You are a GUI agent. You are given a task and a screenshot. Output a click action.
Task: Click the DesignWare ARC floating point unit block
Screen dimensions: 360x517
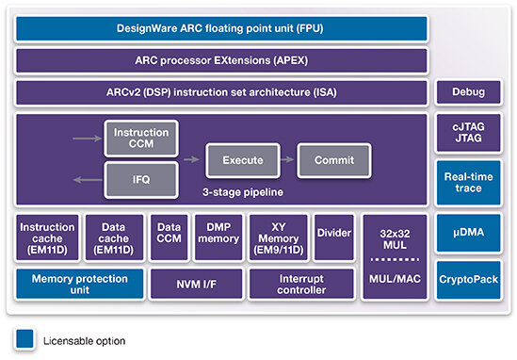point(222,29)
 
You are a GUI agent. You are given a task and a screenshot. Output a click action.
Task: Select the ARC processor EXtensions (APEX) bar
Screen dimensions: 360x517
point(222,61)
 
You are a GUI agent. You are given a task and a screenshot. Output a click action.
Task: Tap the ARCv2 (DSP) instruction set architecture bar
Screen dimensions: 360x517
point(222,92)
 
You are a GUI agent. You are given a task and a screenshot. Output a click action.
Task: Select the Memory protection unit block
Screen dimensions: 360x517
point(78,282)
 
